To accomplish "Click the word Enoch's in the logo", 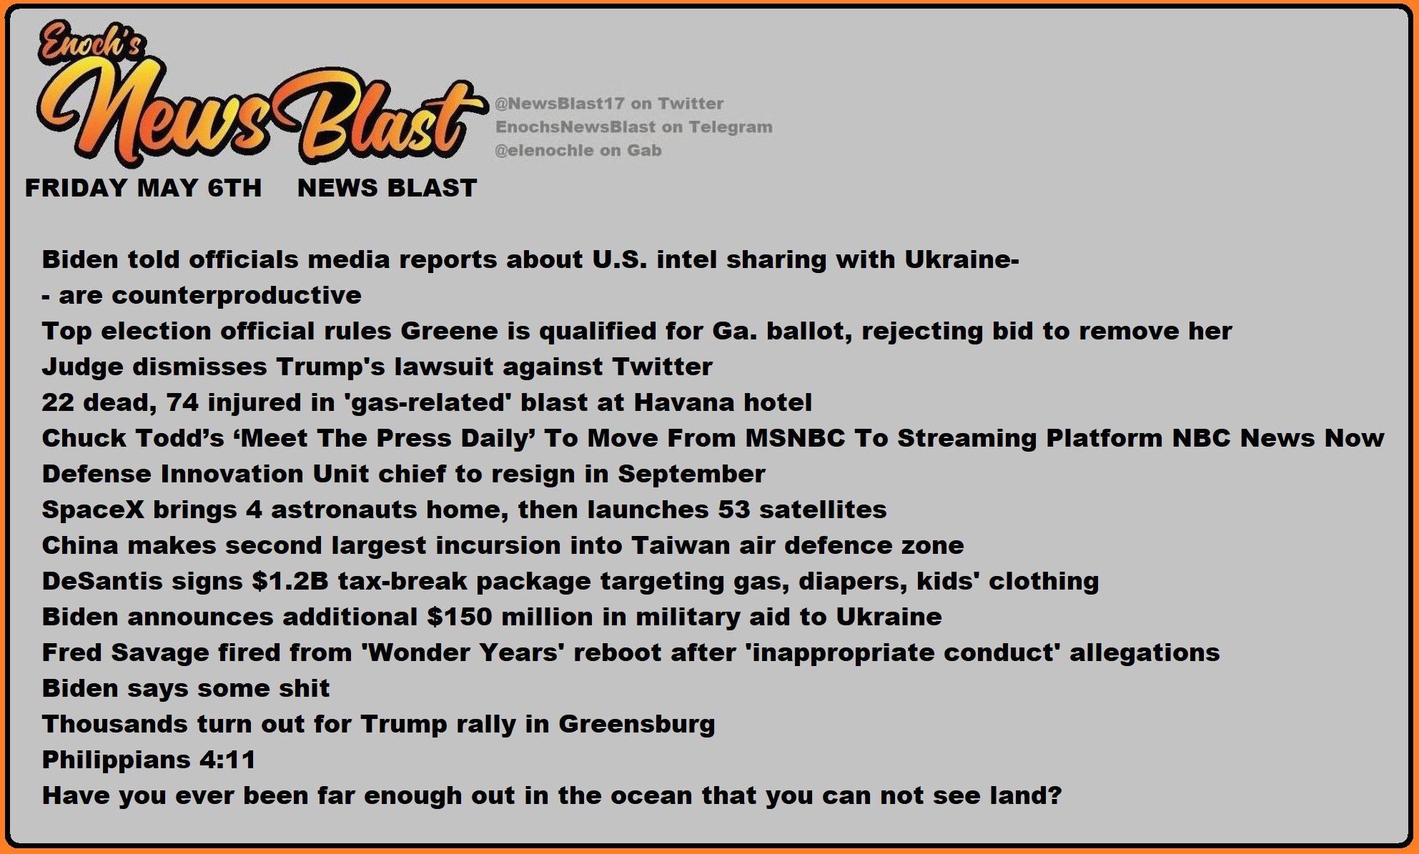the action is pyautogui.click(x=92, y=44).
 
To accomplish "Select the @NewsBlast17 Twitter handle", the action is pyautogui.click(x=560, y=104).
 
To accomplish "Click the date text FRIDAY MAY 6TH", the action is pyautogui.click(x=143, y=188).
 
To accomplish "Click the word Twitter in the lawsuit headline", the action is pyautogui.click(x=662, y=367).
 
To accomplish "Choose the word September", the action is pyautogui.click(x=691, y=474).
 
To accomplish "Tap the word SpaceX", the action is pyautogui.click(x=93, y=510).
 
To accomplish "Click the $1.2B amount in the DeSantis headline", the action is pyautogui.click(x=290, y=581).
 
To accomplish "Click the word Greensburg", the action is pyautogui.click(x=636, y=725).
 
